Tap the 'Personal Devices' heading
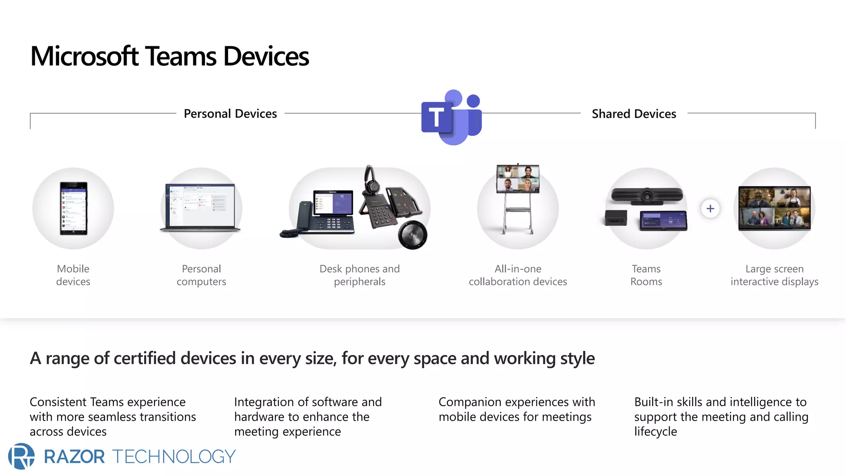tap(230, 114)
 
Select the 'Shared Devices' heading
tap(634, 114)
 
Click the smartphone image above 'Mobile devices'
tap(74, 208)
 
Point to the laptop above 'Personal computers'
tap(201, 207)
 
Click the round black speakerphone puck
tap(412, 235)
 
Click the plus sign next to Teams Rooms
tap(710, 209)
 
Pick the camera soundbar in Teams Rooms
tap(646, 196)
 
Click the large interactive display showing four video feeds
tap(774, 208)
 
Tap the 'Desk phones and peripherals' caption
tap(359, 275)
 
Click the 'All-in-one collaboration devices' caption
tap(518, 275)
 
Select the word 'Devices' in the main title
tap(266, 56)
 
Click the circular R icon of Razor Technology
tap(21, 456)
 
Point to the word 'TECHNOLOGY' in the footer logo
tap(173, 457)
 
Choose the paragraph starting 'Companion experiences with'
tap(516, 409)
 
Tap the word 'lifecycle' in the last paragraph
tap(656, 431)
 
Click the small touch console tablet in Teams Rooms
tap(663, 221)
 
